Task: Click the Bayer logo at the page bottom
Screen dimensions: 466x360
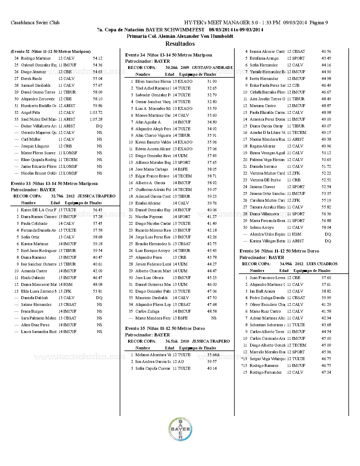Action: tap(180, 429)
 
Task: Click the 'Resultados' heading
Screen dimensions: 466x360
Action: tap(180, 44)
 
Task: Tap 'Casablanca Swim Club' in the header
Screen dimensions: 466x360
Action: tap(35, 23)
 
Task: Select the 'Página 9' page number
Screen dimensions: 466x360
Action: tap(319, 23)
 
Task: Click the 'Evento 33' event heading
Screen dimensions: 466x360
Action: tap(54, 184)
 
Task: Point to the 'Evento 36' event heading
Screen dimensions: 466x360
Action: tap(279, 251)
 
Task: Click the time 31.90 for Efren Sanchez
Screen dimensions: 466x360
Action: tap(212, 81)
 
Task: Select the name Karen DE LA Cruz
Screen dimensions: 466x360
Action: tap(39, 210)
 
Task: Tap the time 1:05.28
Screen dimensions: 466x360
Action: tap(96, 119)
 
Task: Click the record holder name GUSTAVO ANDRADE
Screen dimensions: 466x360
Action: tap(212, 67)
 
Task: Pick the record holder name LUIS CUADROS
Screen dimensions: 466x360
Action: tap(322, 264)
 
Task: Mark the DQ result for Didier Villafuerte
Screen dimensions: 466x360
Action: tap(99, 126)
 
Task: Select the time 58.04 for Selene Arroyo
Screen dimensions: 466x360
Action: tap(326, 227)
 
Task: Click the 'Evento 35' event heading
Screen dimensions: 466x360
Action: tap(165, 328)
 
